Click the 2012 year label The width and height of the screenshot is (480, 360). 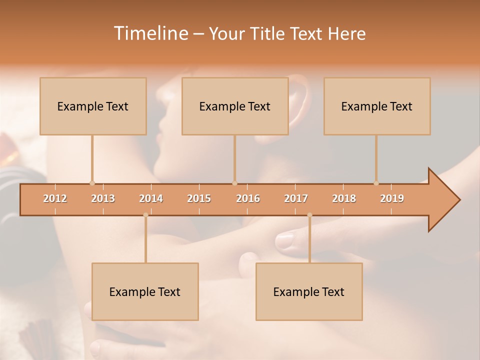point(55,198)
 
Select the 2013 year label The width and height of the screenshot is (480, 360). point(103,198)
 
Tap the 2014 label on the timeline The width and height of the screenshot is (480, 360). point(151,198)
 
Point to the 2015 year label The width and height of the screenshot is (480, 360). point(199,198)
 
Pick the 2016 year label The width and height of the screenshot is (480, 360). point(248,198)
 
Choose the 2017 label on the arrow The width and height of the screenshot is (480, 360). point(296,198)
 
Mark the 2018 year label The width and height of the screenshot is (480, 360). point(344,198)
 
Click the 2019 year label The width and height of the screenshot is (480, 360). point(392,198)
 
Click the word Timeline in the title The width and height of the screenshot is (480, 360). point(150,33)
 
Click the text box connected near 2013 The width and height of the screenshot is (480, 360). point(93,106)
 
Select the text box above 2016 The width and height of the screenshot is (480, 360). point(235,106)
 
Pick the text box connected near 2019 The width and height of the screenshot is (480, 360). point(377,106)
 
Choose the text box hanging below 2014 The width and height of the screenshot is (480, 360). point(145,291)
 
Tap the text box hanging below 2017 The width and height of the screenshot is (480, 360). point(309,291)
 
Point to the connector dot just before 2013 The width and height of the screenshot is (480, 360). point(92,183)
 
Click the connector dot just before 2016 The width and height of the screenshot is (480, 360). point(234,183)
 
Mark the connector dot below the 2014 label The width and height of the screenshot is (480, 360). point(145,215)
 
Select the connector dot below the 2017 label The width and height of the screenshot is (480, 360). point(309,215)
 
